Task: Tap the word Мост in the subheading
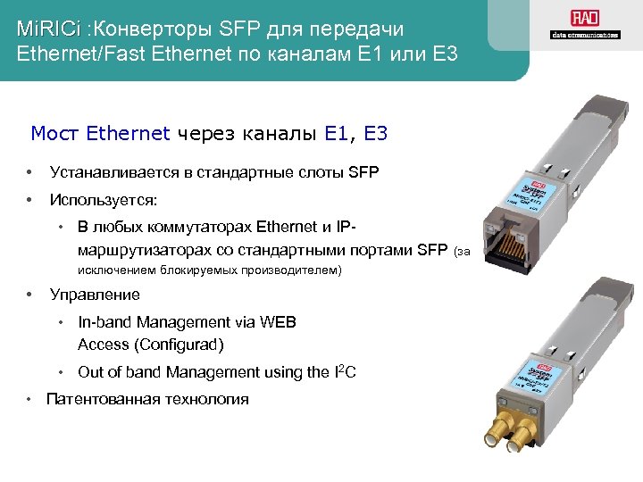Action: pos(55,134)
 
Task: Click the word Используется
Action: pos(104,198)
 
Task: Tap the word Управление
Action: pos(95,295)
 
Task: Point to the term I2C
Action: pos(345,371)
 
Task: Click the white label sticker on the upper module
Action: pos(536,182)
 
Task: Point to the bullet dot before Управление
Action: pos(30,295)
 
